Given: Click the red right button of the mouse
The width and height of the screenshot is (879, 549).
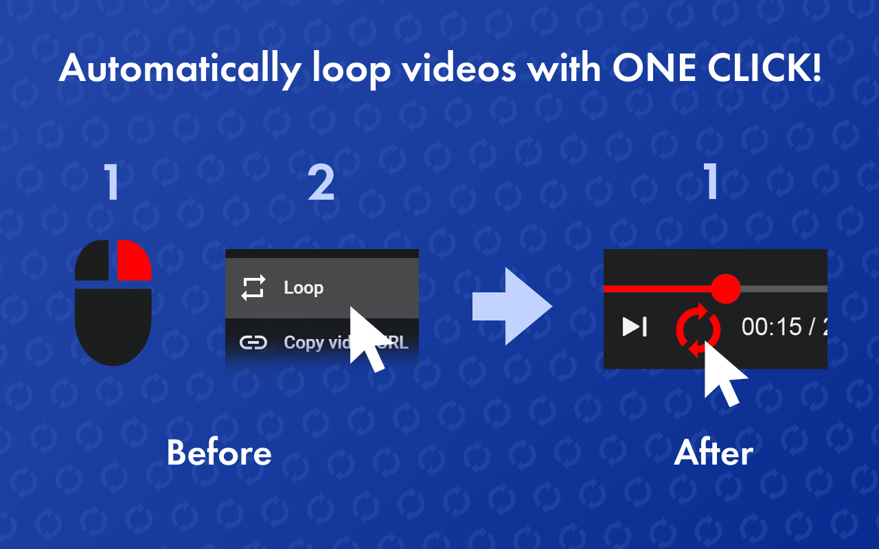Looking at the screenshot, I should point(134,261).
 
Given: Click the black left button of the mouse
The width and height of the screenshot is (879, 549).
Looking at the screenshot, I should point(91,261).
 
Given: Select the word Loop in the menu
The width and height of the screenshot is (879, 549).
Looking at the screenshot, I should point(304,288).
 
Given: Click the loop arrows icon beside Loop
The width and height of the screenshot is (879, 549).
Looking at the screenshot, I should point(253,288).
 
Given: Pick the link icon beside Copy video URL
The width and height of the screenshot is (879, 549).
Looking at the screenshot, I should point(253,342).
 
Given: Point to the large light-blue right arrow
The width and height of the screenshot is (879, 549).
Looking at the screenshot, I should point(512,306).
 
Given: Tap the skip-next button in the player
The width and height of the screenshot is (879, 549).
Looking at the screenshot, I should point(635,327).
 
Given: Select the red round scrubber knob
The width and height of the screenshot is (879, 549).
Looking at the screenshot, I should point(725,289).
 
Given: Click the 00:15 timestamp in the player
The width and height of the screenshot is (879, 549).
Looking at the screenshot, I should point(771,327).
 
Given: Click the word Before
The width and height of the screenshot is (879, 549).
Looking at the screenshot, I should point(219,453).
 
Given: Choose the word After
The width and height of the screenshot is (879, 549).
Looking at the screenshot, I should point(714,453).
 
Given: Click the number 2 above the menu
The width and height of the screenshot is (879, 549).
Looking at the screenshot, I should point(321,183).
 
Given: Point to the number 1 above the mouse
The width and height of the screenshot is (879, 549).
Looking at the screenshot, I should point(112,183).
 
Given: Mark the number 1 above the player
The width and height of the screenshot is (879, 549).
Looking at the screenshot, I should point(712,183).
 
